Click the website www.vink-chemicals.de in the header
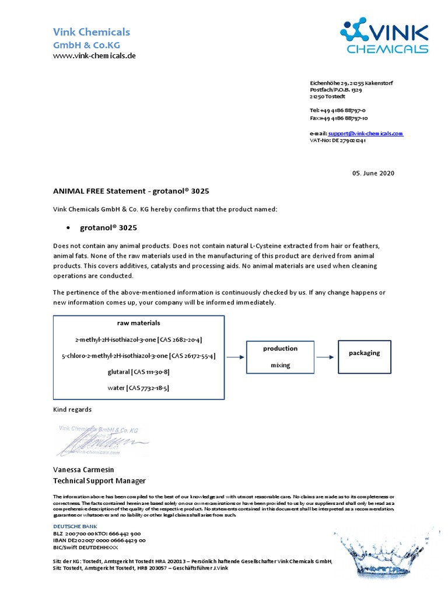click(x=94, y=55)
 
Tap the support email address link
click(x=365, y=134)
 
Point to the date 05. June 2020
click(x=373, y=173)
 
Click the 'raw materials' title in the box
click(x=138, y=323)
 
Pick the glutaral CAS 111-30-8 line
click(x=138, y=371)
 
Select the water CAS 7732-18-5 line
click(x=138, y=388)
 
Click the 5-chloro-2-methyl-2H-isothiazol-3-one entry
click(x=138, y=356)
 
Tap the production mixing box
click(x=280, y=357)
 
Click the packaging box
click(x=364, y=357)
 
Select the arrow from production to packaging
click(x=325, y=357)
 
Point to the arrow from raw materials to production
click(x=235, y=357)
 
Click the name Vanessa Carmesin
click(x=83, y=470)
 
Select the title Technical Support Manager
click(x=99, y=481)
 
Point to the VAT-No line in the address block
click(x=338, y=141)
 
